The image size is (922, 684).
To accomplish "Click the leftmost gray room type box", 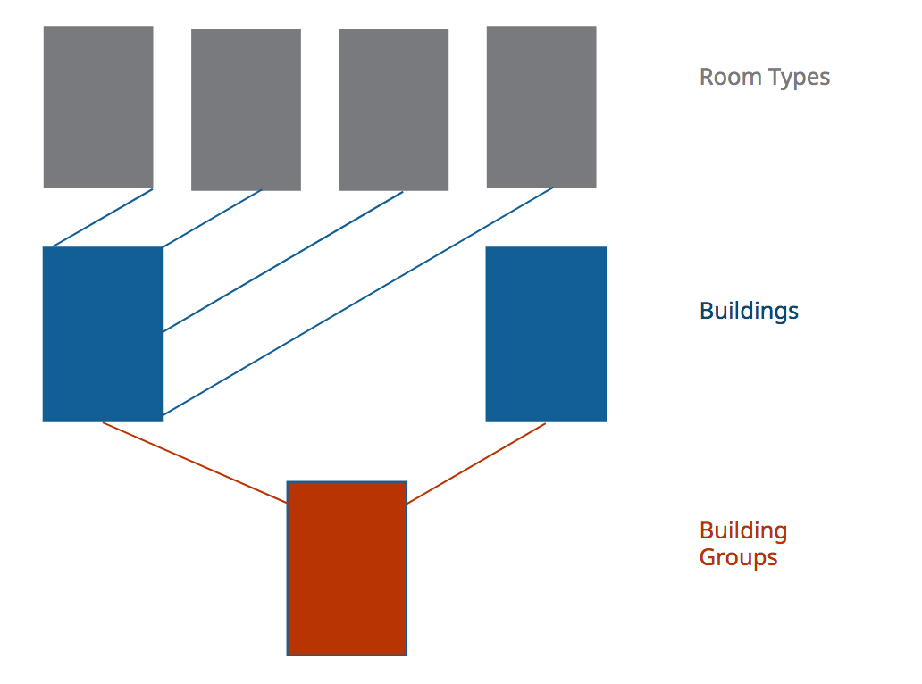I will pyautogui.click(x=98, y=107).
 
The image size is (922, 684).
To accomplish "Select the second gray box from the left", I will pyautogui.click(x=246, y=109).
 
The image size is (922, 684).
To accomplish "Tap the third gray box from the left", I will pyautogui.click(x=393, y=109).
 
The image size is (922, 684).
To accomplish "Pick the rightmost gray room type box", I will pyautogui.click(x=541, y=107).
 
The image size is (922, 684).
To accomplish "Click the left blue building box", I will pyautogui.click(x=103, y=334).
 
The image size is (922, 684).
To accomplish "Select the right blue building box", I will pyautogui.click(x=546, y=334).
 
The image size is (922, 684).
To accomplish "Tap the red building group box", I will pyautogui.click(x=347, y=569).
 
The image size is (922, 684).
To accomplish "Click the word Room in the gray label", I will pyautogui.click(x=720, y=77).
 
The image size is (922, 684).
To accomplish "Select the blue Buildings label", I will pyautogui.click(x=749, y=311).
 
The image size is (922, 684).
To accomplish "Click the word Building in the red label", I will pyautogui.click(x=743, y=531).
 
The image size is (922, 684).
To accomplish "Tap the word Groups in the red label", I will pyautogui.click(x=738, y=558).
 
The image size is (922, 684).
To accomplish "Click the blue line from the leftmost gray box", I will pyautogui.click(x=103, y=218).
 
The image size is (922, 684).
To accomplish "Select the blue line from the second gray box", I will pyautogui.click(x=213, y=218).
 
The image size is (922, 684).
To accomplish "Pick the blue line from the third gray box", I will pyautogui.click(x=283, y=261).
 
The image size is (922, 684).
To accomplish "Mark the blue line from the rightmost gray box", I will pyautogui.click(x=357, y=303).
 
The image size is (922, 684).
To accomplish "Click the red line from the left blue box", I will pyautogui.click(x=195, y=463).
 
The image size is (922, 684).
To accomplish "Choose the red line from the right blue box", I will pyautogui.click(x=476, y=463).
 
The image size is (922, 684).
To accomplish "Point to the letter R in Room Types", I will pyautogui.click(x=706, y=77).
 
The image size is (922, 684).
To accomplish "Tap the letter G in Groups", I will pyautogui.click(x=708, y=558).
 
